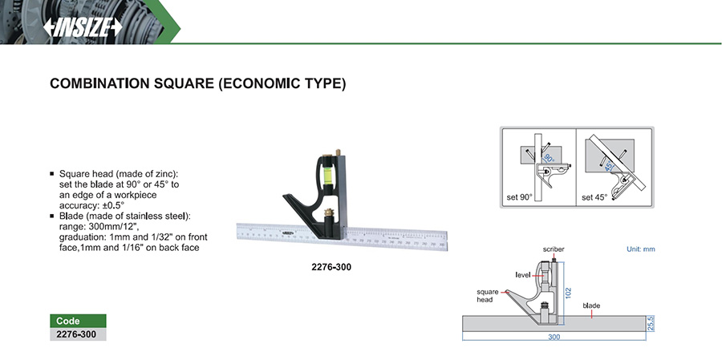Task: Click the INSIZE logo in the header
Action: (83, 27)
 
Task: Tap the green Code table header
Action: (78, 321)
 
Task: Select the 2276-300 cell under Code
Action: (78, 334)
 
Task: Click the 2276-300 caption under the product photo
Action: (331, 266)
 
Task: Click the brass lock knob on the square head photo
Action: (329, 213)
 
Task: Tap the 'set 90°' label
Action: (518, 197)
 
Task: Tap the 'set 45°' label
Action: (594, 197)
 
